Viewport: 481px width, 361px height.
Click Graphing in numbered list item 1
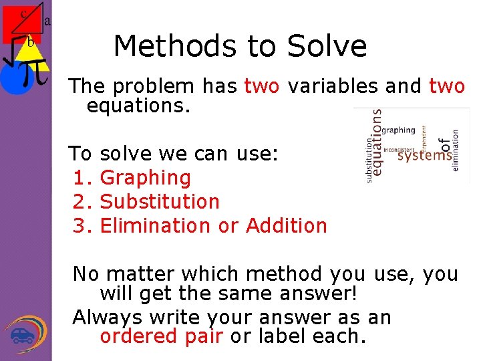(x=145, y=178)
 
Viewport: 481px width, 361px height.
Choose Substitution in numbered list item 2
(x=159, y=202)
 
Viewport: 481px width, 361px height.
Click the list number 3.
(x=80, y=226)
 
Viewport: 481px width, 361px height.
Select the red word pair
(x=203, y=336)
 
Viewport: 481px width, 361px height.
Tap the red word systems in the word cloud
(x=424, y=156)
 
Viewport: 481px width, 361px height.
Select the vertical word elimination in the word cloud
(x=456, y=150)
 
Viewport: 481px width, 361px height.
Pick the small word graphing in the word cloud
(x=398, y=130)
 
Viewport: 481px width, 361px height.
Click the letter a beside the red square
(x=47, y=21)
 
